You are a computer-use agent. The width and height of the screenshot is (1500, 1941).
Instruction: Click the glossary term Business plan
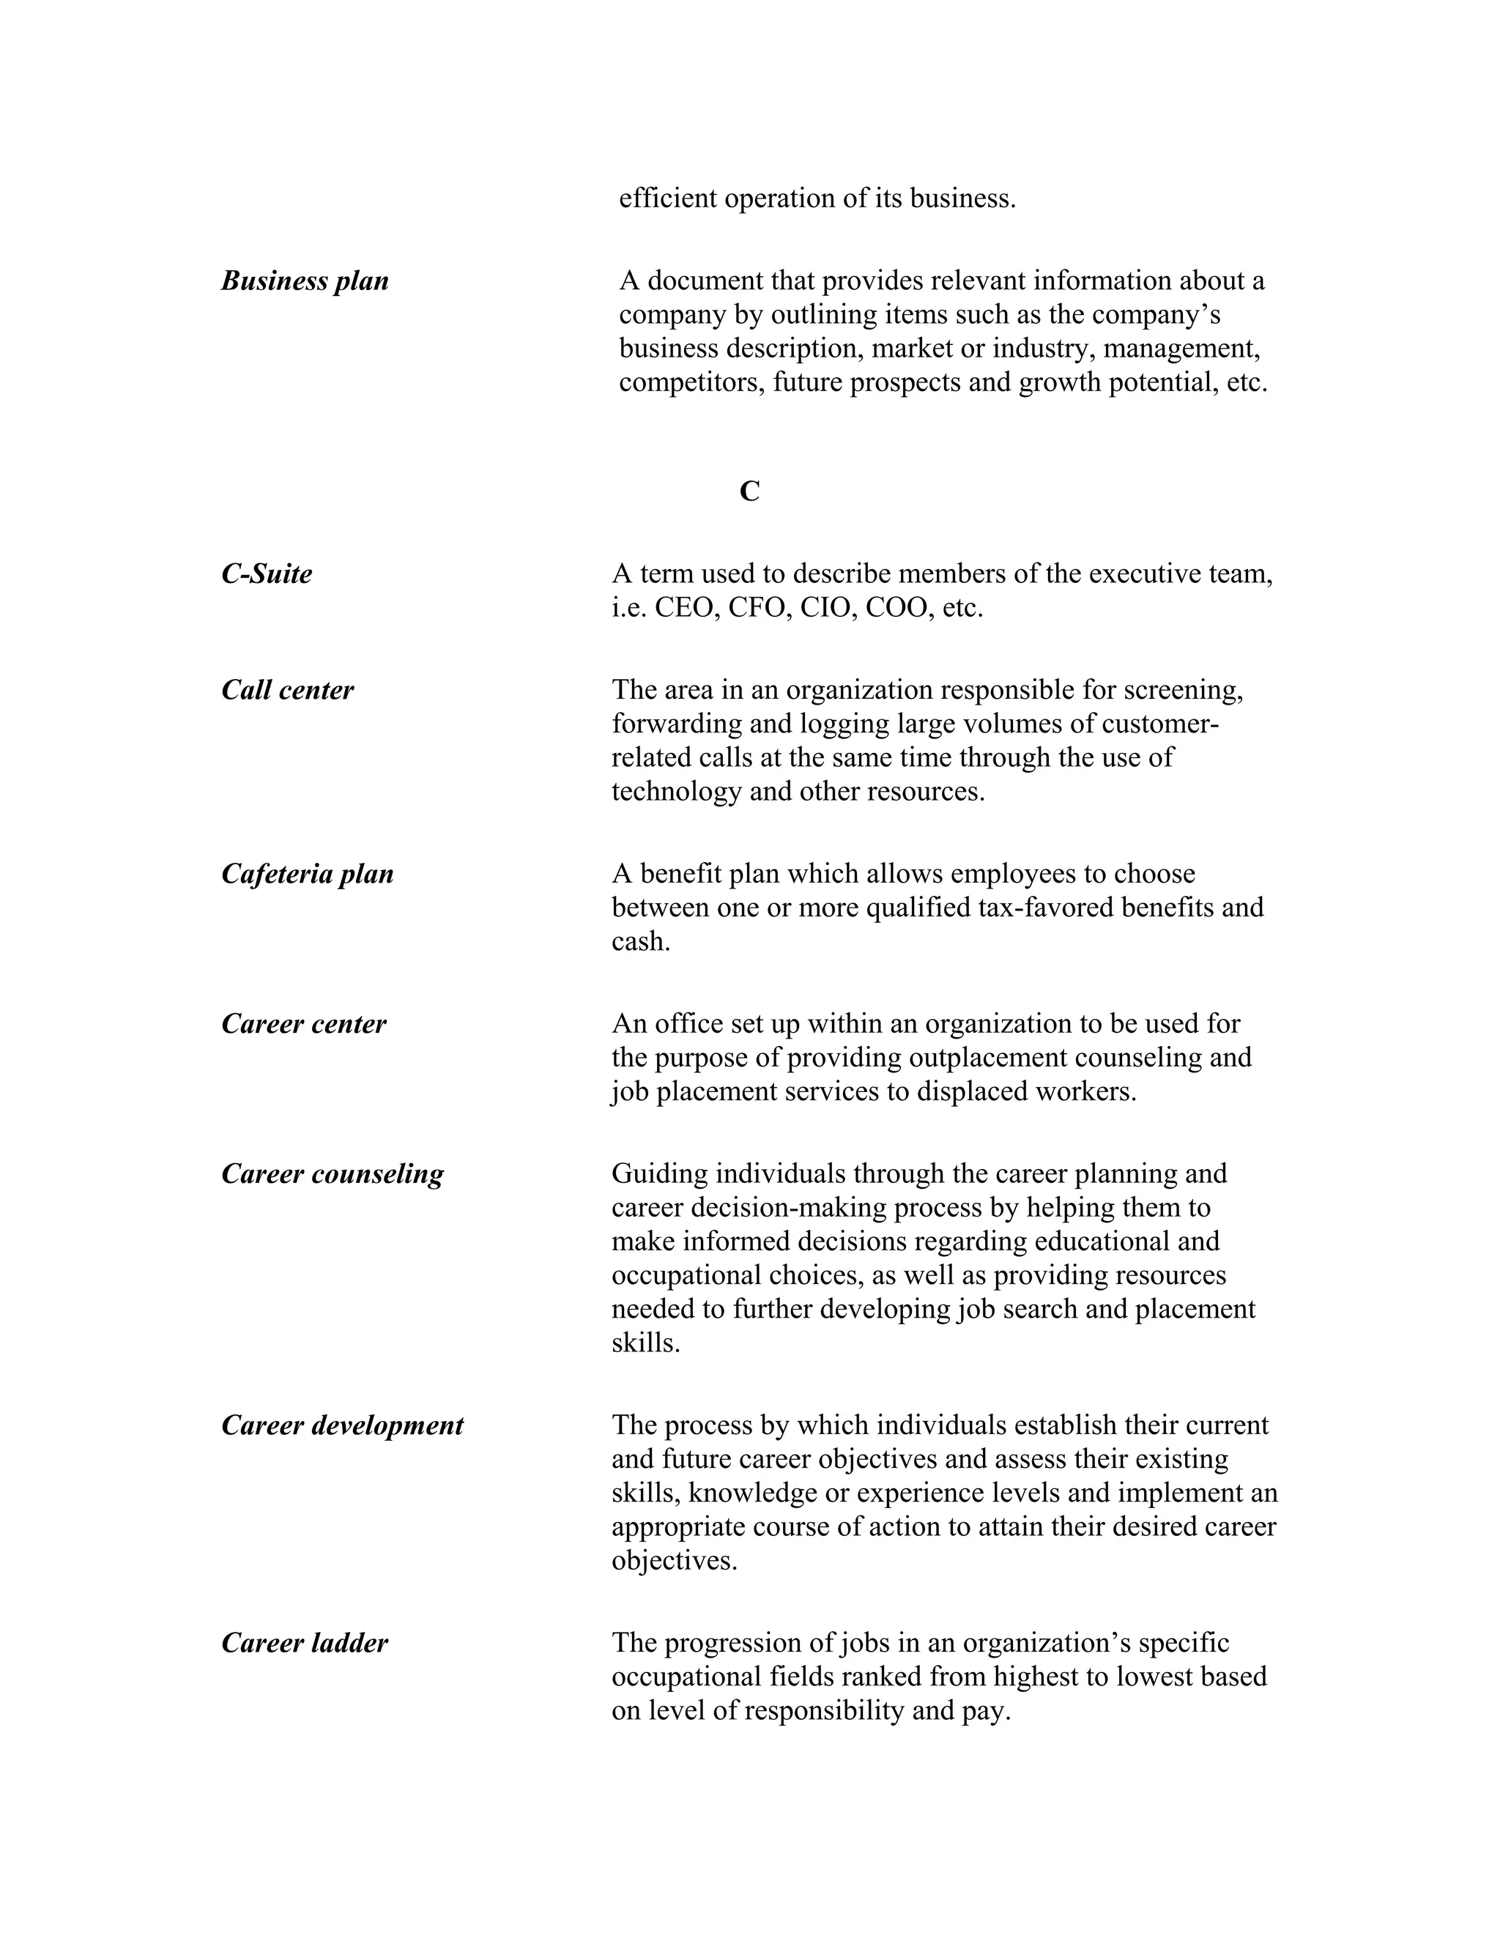(x=305, y=281)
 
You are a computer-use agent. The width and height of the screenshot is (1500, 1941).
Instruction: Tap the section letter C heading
(x=749, y=491)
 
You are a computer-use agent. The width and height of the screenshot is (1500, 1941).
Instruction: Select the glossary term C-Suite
(x=267, y=574)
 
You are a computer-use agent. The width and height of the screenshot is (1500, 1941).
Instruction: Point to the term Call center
(x=287, y=691)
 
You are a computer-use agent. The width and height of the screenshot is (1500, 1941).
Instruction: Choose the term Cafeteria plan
(x=308, y=875)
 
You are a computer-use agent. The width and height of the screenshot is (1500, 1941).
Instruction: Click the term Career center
(x=304, y=1025)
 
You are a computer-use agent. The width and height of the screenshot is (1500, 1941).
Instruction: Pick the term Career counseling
(x=333, y=1175)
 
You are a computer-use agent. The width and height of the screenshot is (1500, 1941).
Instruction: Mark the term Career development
(x=342, y=1426)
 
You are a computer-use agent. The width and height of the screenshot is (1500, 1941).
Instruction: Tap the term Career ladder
(x=305, y=1644)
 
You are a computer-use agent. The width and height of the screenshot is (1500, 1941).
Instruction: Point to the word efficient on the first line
(x=668, y=198)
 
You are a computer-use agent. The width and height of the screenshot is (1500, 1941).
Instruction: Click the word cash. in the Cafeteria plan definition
(x=641, y=942)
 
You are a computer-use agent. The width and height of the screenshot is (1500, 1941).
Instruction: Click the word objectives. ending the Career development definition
(x=675, y=1562)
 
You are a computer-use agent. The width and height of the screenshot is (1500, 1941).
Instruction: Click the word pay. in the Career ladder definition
(x=987, y=1711)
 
